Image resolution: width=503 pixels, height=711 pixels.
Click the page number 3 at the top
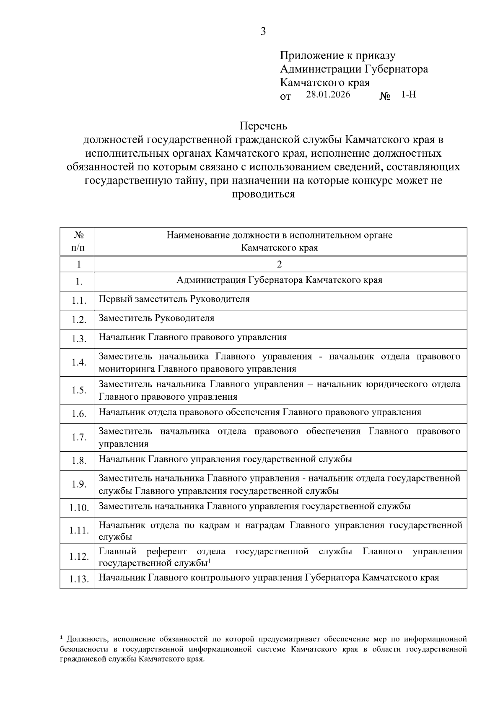click(x=263, y=31)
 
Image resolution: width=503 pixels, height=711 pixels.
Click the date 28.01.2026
click(x=328, y=94)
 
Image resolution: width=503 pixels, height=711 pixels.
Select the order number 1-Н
click(x=408, y=94)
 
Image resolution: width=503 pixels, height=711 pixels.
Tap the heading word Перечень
click(x=263, y=126)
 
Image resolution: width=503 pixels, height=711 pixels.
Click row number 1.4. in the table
click(x=79, y=362)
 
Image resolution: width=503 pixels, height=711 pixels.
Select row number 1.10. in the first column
click(x=79, y=508)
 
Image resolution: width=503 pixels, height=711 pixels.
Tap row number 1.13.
click(x=79, y=579)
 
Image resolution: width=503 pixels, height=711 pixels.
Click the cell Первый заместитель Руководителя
click(x=174, y=299)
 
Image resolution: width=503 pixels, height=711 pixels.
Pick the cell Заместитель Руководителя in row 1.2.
click(x=156, y=318)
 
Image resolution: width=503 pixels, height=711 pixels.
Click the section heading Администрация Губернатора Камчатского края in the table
click(x=280, y=280)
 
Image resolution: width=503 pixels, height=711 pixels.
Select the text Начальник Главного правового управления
click(x=193, y=337)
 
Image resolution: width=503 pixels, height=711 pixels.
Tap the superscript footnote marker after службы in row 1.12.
click(x=209, y=561)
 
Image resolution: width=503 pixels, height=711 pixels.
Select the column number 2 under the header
click(x=280, y=264)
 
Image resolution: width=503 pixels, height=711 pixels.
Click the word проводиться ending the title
click(x=263, y=194)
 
